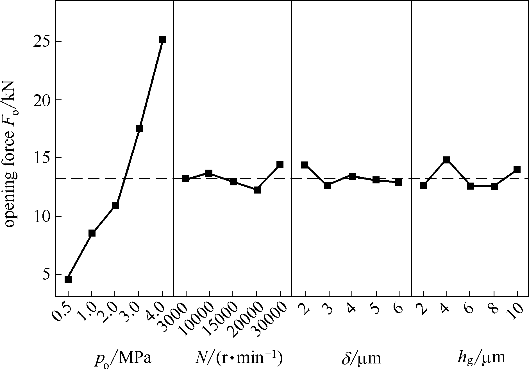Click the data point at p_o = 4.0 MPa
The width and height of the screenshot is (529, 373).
[162, 39]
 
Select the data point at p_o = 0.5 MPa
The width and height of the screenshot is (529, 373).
[68, 280]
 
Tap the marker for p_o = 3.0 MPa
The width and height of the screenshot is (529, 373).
[139, 128]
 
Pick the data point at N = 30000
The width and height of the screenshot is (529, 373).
[280, 164]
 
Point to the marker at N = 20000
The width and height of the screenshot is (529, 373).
[257, 190]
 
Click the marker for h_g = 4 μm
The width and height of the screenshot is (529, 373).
[447, 160]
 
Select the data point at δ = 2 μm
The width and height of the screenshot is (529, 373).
[305, 165]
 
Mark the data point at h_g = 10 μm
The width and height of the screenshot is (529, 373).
[517, 169]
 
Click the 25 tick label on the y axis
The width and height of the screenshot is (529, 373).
[42, 41]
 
